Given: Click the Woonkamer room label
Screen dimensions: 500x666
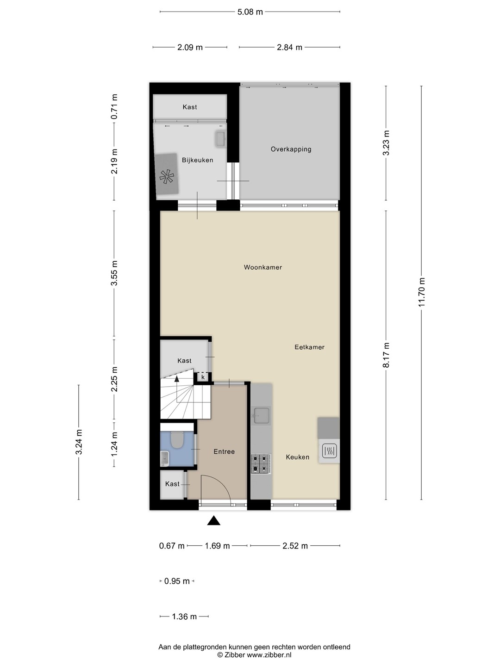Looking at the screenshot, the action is click(x=263, y=267).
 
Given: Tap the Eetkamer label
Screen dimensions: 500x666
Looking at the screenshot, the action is click(x=309, y=347).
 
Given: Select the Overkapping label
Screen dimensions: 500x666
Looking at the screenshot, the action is click(x=291, y=149).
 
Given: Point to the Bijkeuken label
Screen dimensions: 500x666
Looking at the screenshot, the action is click(x=197, y=160).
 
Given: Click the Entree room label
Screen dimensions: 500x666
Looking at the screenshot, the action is click(x=224, y=451).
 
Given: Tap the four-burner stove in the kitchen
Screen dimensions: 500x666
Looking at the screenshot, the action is click(x=261, y=463).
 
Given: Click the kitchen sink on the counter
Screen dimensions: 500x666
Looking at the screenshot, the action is click(x=261, y=416).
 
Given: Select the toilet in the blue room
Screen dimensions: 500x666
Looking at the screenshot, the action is click(x=177, y=440).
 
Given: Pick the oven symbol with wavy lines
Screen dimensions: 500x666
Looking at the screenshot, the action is click(x=329, y=451).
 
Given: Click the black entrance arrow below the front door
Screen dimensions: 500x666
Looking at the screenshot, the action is click(x=214, y=520).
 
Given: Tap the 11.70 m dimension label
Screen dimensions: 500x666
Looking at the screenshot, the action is click(x=421, y=292).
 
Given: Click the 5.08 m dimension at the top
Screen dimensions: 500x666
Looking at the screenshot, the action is click(x=250, y=12).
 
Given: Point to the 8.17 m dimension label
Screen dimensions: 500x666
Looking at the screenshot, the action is click(x=386, y=355).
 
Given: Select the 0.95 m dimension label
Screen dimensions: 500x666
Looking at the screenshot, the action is click(x=177, y=581).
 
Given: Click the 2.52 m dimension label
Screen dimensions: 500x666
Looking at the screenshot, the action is click(x=295, y=546).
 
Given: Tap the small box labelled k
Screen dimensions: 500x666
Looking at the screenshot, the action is click(x=203, y=377).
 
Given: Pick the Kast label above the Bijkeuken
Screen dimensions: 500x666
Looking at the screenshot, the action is click(x=190, y=107).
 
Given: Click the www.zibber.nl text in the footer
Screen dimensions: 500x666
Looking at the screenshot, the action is click(x=269, y=655).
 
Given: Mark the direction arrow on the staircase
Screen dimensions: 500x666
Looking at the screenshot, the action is click(x=177, y=379).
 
